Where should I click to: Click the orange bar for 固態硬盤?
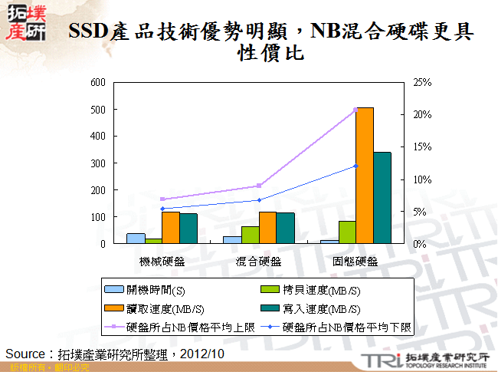tap(365, 176)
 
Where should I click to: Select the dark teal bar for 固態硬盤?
tap(382, 198)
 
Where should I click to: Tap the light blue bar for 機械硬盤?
tap(136, 239)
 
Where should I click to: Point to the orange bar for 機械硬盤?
tap(170, 228)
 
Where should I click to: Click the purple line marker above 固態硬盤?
tap(355, 110)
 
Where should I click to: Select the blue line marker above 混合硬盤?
tap(259, 200)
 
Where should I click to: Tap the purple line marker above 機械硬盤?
tap(162, 199)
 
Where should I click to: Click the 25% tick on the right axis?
tap(422, 82)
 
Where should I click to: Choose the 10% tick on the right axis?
tap(422, 179)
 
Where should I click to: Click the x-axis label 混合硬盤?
tap(259, 261)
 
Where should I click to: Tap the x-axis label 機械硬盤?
tap(162, 261)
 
